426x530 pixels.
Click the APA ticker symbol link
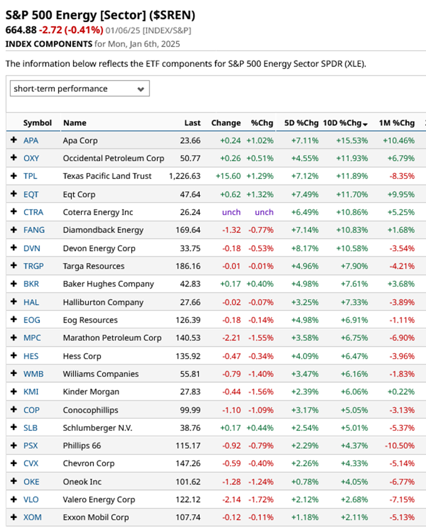(31, 140)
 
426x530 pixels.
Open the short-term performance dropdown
(79, 89)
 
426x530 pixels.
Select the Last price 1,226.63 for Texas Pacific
(184, 176)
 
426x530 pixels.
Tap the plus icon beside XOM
(14, 517)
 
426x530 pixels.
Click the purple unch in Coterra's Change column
(231, 212)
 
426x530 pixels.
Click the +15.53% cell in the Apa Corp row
(352, 140)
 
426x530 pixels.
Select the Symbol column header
(37, 123)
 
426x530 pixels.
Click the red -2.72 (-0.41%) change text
(70, 30)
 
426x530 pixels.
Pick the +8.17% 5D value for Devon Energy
(305, 248)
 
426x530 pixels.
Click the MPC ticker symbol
(32, 338)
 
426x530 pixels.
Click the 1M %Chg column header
(396, 123)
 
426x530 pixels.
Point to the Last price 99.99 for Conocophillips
(190, 410)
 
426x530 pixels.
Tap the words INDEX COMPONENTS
(49, 44)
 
